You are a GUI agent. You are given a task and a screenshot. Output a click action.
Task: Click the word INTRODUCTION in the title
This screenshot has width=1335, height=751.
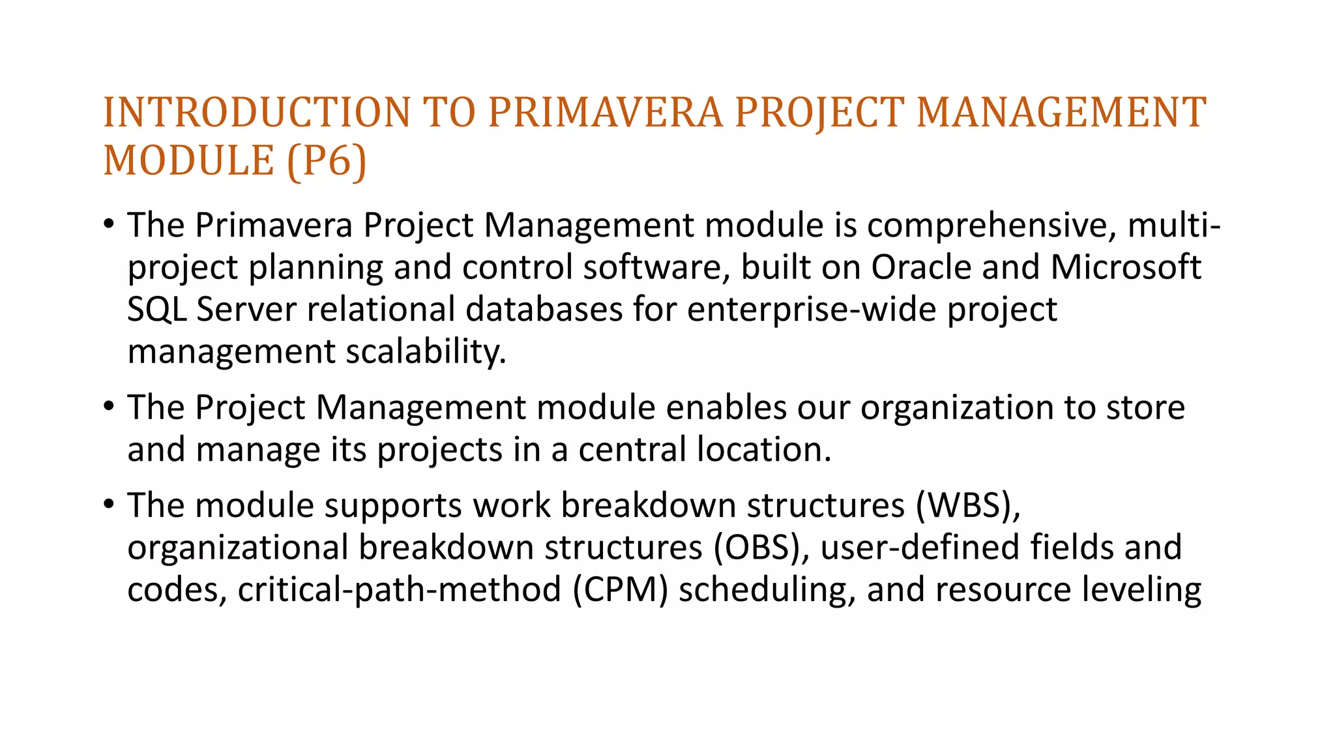257,112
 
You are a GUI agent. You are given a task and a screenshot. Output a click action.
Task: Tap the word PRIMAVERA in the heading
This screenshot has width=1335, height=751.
606,112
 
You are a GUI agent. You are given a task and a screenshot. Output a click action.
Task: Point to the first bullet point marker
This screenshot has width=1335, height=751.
109,225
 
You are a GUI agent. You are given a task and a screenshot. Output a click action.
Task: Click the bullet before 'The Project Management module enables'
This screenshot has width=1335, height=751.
109,407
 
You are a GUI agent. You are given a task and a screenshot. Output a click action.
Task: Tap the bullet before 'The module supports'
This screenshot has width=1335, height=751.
109,505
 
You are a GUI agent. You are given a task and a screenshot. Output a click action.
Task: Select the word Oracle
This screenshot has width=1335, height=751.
921,267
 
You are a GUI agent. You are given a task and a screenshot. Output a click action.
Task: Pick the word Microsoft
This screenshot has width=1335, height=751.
1126,267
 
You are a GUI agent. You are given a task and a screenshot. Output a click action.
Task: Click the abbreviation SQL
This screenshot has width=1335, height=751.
156,310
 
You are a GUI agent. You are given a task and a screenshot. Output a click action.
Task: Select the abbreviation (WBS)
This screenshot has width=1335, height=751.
967,505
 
